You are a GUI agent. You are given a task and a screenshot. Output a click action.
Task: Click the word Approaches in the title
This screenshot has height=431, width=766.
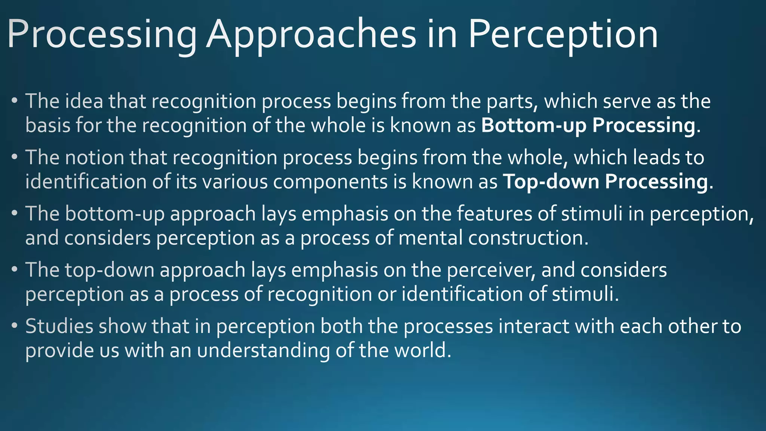click(311, 34)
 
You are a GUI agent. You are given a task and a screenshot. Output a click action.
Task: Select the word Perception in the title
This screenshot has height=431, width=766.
click(563, 34)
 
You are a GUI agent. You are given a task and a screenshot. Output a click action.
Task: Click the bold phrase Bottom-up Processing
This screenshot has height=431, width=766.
click(588, 125)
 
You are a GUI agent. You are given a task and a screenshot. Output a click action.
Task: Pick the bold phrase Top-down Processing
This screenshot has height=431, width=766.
click(605, 181)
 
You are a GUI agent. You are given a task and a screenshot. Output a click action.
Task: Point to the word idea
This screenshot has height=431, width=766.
click(84, 101)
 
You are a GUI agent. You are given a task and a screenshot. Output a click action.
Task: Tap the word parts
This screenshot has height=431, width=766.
click(512, 101)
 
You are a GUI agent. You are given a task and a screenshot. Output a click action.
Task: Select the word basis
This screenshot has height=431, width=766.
click(48, 125)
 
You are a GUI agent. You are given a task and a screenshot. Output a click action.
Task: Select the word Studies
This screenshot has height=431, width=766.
click(59, 326)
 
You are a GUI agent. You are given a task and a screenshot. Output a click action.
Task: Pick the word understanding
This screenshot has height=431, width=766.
click(263, 351)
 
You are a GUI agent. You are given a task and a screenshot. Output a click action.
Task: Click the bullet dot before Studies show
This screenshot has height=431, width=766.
click(14, 325)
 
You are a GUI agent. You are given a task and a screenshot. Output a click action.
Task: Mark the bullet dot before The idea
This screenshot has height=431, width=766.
click(14, 101)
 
